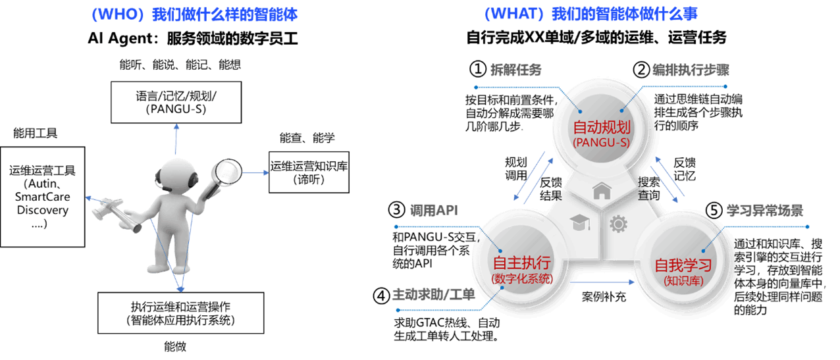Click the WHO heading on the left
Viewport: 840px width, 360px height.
(194, 14)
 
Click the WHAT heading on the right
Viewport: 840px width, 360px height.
(591, 14)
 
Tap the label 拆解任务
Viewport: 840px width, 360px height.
(515, 70)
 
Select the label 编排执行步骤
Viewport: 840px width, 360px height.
(691, 70)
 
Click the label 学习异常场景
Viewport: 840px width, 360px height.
(764, 211)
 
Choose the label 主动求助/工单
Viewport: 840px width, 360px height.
(433, 294)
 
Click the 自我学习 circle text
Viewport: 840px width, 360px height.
(683, 265)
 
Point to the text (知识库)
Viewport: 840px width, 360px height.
(683, 281)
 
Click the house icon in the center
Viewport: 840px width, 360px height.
(602, 192)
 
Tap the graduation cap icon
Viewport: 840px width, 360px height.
(579, 222)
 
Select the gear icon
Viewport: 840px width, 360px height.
(618, 224)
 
